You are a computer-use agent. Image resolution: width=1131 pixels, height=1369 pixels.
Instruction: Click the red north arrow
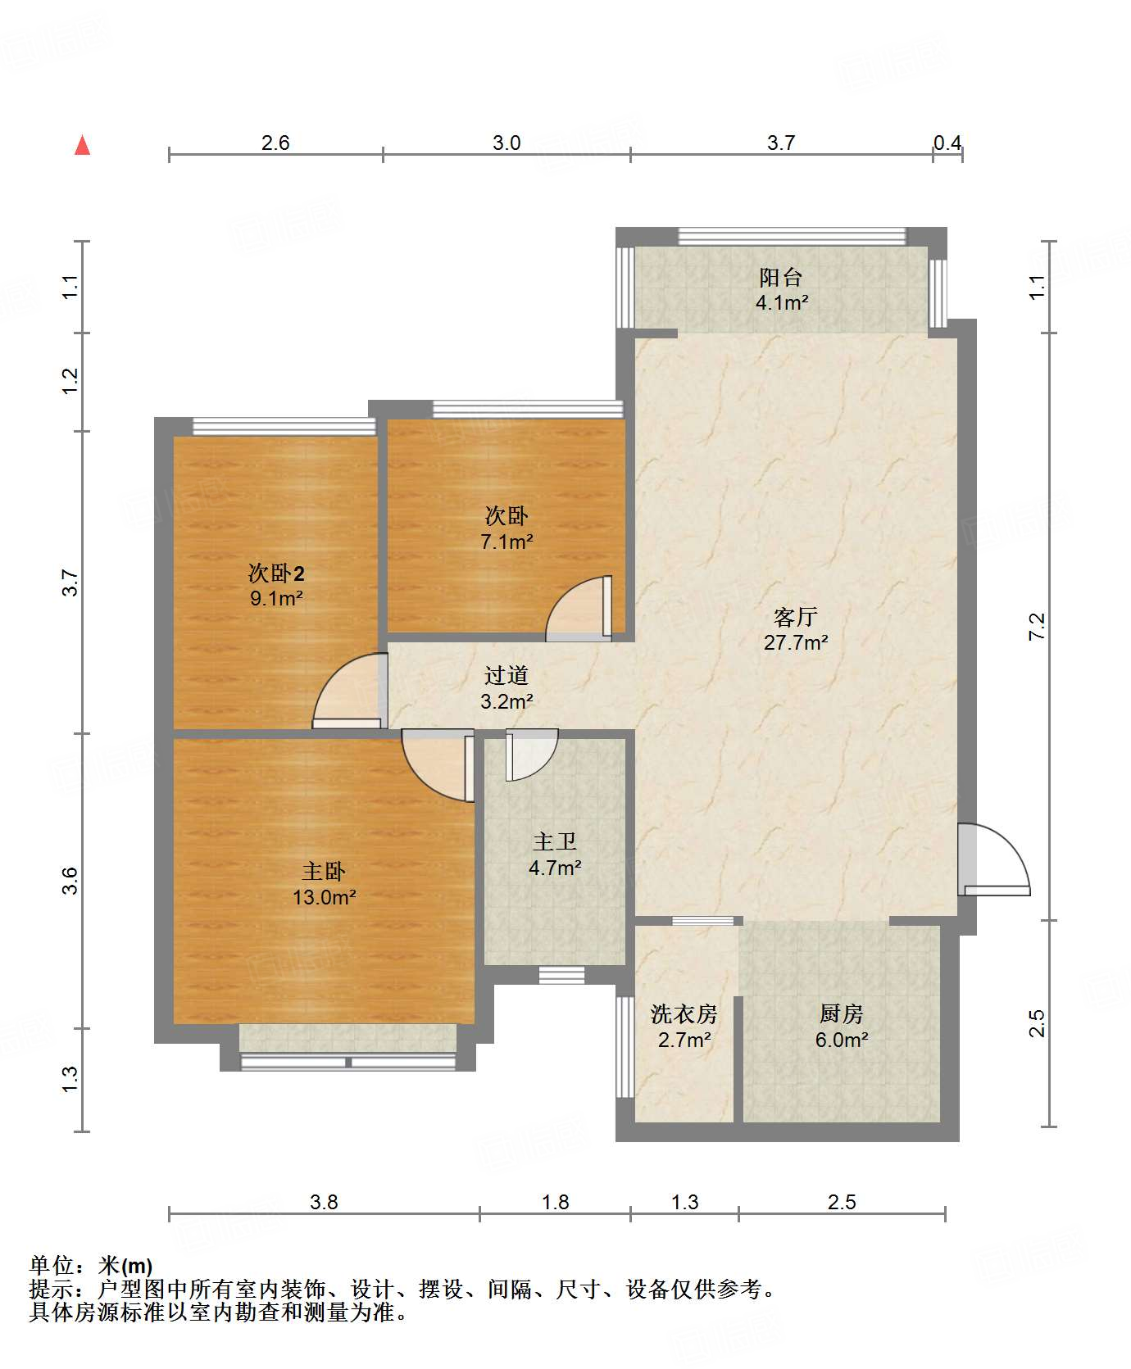point(82,145)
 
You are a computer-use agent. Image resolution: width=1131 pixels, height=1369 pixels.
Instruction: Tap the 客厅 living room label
point(796,616)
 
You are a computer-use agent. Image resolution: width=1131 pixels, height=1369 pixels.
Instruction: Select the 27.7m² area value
point(796,642)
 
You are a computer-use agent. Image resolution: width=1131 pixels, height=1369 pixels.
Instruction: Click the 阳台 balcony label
point(780,277)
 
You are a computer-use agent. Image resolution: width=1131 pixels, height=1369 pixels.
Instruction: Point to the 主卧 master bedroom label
point(324,871)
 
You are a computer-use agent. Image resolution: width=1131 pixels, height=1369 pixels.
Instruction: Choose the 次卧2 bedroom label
point(276,573)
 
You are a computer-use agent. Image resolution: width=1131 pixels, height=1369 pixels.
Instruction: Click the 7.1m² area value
point(506,542)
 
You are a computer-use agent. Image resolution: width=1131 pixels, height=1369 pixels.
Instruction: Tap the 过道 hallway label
point(506,675)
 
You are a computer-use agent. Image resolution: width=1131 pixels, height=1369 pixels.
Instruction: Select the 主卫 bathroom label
point(555,841)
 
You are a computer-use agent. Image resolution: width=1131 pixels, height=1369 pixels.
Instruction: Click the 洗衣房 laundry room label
point(684,1014)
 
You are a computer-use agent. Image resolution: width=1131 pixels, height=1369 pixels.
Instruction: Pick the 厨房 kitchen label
point(841,1014)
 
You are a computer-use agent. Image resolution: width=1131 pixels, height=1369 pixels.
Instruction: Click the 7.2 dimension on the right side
point(1038,627)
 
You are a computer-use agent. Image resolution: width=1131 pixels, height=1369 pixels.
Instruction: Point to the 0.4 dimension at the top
point(947,143)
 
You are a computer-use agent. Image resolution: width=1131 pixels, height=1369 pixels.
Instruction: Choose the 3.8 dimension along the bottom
point(324,1202)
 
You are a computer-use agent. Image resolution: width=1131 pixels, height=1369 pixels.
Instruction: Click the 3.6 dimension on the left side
point(70,881)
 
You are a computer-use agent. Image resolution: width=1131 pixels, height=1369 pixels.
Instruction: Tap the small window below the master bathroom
point(561,975)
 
